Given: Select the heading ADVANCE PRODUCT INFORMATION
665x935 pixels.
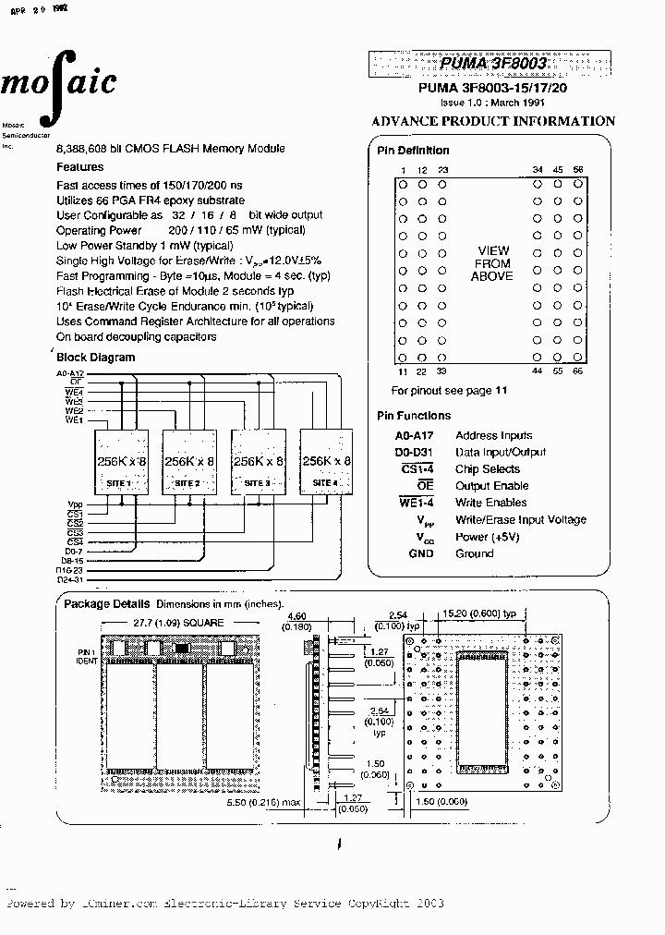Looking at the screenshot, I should click(x=493, y=121).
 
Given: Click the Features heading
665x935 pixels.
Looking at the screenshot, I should click(x=80, y=167).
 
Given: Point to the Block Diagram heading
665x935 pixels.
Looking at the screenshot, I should click(x=96, y=358).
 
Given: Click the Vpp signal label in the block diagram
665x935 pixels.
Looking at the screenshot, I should click(x=75, y=504).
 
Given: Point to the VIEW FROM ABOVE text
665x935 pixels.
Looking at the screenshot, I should click(x=492, y=263).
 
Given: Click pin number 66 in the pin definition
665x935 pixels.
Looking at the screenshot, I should click(x=578, y=370).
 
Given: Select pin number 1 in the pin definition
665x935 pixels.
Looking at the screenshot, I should click(x=403, y=170).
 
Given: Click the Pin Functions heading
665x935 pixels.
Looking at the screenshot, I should click(x=414, y=416).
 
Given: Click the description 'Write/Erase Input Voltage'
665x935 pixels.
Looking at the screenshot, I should click(x=520, y=520).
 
